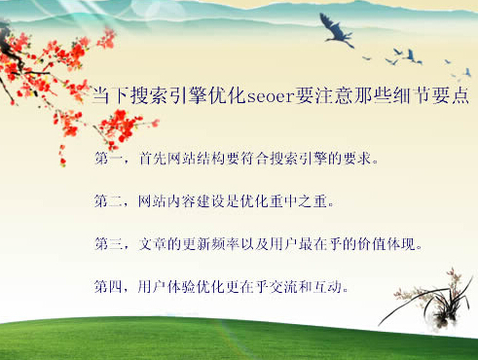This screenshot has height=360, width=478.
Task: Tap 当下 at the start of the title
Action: pos(105,96)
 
